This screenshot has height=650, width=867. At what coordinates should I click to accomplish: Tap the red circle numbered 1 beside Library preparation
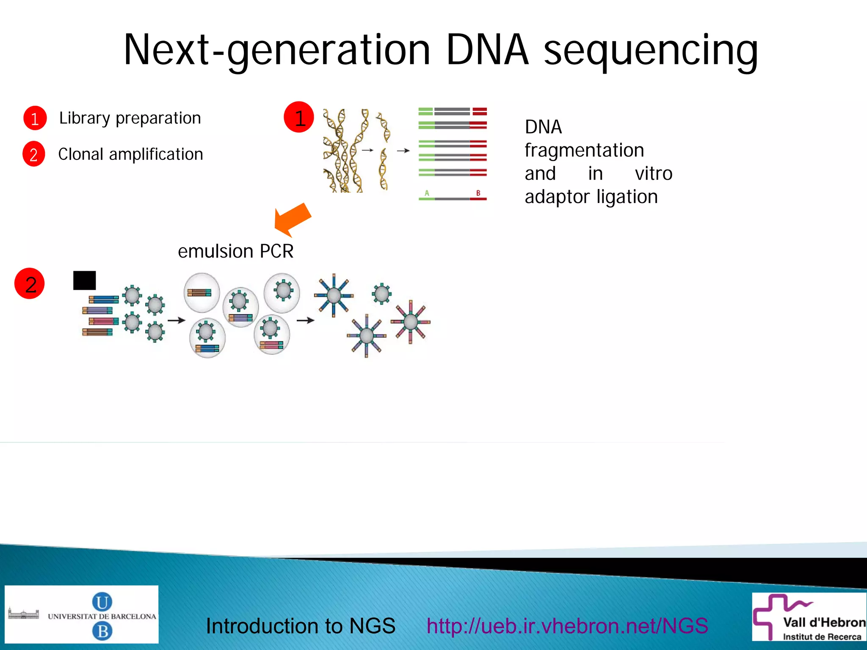tap(35, 118)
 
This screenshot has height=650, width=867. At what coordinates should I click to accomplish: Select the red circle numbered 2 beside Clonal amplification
tap(34, 154)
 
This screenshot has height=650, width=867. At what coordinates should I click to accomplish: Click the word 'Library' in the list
tap(85, 118)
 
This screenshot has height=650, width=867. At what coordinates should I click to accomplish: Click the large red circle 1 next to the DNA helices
tap(299, 117)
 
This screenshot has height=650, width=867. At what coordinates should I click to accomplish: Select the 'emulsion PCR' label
tap(235, 251)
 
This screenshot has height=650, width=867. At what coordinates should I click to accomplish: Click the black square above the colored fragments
tap(84, 280)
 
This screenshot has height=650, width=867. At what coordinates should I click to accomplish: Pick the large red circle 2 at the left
tap(30, 284)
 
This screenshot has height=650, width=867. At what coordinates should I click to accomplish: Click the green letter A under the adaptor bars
tap(427, 193)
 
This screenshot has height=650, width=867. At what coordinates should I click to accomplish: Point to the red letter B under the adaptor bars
tap(478, 193)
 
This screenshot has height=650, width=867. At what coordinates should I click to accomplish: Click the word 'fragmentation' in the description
tap(584, 150)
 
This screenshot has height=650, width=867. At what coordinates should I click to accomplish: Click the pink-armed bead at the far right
tap(410, 322)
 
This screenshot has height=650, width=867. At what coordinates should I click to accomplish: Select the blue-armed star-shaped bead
tap(334, 295)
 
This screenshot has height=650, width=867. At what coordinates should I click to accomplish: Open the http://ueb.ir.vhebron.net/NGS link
tap(567, 625)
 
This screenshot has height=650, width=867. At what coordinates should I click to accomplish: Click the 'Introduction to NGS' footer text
tap(300, 625)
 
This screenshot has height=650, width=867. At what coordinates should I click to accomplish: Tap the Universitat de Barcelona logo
tap(81, 614)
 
